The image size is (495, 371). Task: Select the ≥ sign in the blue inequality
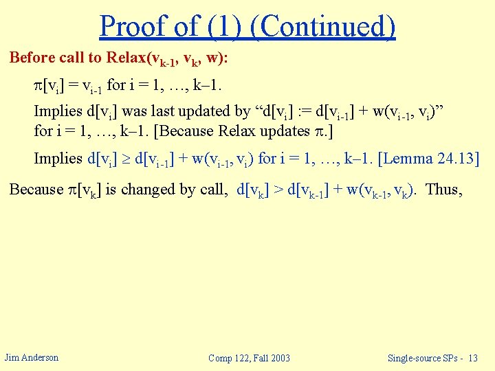pyautogui.click(x=126, y=159)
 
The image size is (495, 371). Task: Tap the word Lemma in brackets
pyautogui.click(x=412, y=159)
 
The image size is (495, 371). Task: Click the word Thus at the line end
pyautogui.click(x=444, y=189)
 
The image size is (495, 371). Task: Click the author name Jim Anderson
pyautogui.click(x=32, y=357)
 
